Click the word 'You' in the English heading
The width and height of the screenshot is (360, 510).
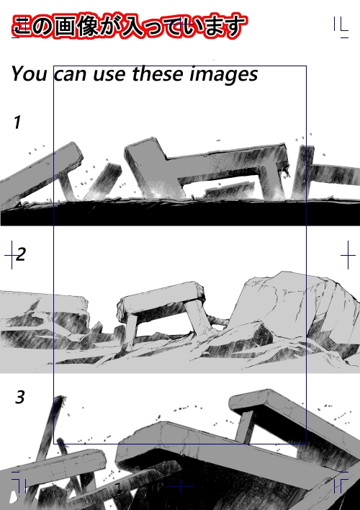(29, 73)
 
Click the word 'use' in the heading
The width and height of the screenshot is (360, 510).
(109, 75)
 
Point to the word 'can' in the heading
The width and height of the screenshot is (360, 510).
(71, 75)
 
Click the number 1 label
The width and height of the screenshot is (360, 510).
(17, 122)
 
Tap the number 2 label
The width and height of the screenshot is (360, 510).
(20, 254)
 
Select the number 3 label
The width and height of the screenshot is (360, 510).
(20, 397)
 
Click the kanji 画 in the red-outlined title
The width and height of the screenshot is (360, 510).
(64, 26)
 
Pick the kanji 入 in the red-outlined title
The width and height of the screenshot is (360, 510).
(130, 26)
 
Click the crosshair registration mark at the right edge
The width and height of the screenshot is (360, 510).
(348, 255)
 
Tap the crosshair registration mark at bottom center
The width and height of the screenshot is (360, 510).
(180, 486)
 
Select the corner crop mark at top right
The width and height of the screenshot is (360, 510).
(341, 27)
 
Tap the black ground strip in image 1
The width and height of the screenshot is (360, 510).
(180, 213)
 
